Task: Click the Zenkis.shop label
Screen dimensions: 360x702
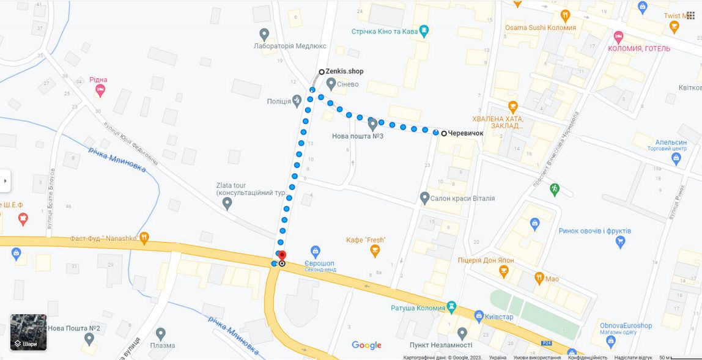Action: (x=344, y=72)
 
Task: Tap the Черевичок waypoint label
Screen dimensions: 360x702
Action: (x=465, y=133)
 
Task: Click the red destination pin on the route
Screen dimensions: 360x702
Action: (x=281, y=256)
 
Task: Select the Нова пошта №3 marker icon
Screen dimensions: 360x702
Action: (x=372, y=124)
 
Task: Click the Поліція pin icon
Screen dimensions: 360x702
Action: (x=297, y=100)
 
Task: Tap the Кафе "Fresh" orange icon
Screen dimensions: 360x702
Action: (x=375, y=251)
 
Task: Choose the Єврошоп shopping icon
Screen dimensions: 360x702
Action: (x=315, y=251)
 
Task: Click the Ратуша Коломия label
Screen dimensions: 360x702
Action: (x=418, y=307)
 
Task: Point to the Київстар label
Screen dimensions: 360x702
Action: (x=498, y=317)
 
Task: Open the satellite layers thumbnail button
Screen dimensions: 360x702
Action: (x=28, y=332)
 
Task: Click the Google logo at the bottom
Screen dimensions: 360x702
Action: (x=366, y=345)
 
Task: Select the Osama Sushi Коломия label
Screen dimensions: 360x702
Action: (x=540, y=28)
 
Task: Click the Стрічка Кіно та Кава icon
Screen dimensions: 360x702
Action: (x=424, y=31)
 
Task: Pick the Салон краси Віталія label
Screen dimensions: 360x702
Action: (x=463, y=199)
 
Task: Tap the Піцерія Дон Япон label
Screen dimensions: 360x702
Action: (x=486, y=260)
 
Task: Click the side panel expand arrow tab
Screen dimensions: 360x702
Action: (x=6, y=181)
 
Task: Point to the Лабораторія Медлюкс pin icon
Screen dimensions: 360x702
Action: (x=264, y=34)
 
